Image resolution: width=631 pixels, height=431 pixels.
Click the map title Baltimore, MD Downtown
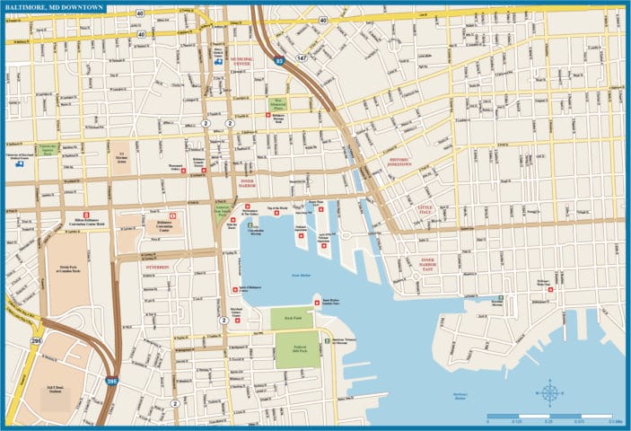[x=54, y=8]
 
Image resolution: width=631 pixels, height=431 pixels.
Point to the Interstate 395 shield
[x=110, y=381]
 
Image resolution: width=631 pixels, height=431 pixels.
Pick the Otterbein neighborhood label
[x=157, y=267]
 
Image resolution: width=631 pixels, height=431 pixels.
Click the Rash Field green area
[x=288, y=318]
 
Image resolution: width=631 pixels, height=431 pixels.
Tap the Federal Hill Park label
[x=291, y=350]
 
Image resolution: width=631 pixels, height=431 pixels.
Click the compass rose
[x=549, y=392]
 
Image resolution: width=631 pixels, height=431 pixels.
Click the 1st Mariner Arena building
[x=119, y=156]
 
